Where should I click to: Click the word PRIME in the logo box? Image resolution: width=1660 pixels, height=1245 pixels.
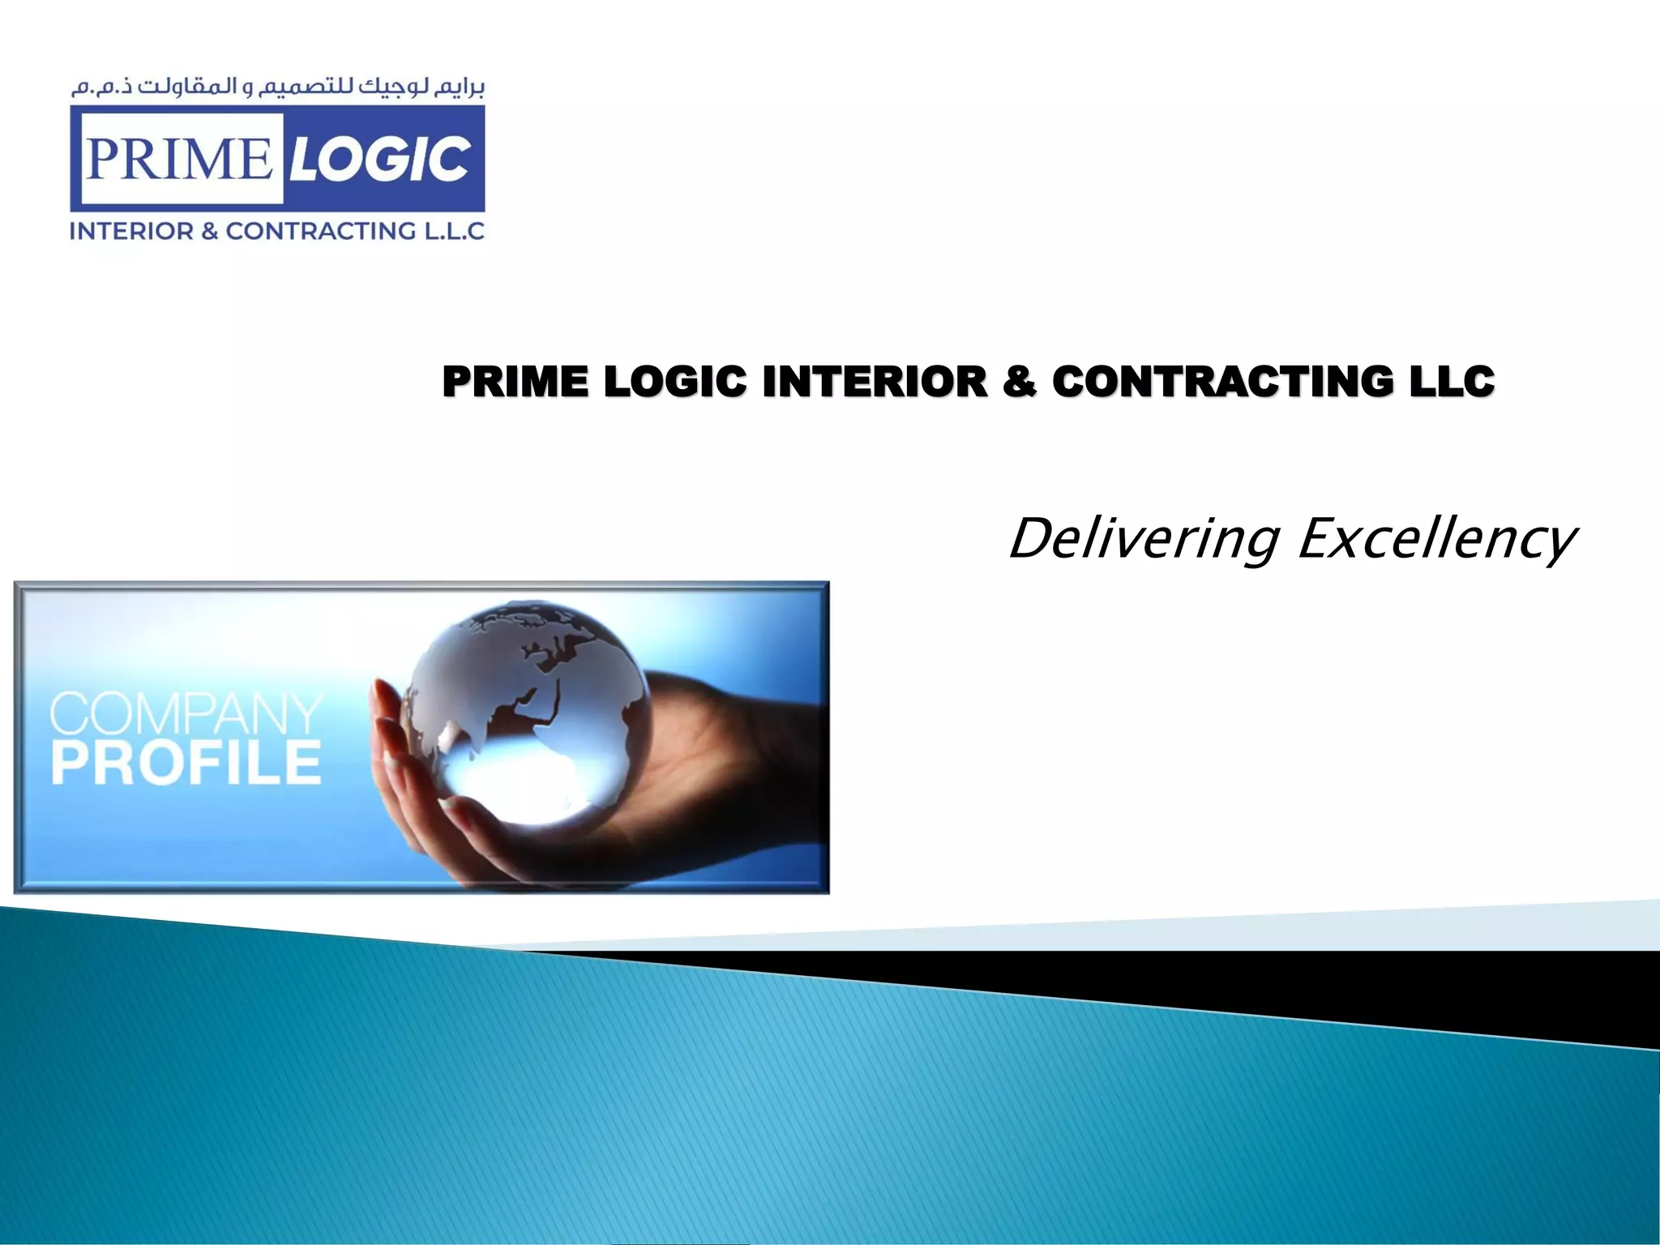point(178,158)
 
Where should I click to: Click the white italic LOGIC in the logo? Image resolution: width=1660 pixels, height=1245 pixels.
point(379,158)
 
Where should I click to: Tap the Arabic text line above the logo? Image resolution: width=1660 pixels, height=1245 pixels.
point(277,88)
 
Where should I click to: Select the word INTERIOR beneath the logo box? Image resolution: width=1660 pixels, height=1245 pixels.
point(131,232)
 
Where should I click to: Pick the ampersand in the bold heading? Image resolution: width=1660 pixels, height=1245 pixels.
point(1019,382)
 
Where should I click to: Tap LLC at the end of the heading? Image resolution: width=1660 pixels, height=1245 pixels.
point(1452,382)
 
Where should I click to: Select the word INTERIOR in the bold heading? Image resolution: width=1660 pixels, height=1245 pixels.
point(875,382)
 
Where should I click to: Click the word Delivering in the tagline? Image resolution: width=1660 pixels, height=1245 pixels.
point(1144,539)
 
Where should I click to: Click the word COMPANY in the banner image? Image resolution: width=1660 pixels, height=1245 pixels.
point(186,713)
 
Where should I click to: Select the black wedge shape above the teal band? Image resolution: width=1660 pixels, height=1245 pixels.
point(1378,985)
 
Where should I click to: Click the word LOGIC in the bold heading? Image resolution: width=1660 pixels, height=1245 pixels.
point(674,382)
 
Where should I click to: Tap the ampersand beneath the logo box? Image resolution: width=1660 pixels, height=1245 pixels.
point(210,232)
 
